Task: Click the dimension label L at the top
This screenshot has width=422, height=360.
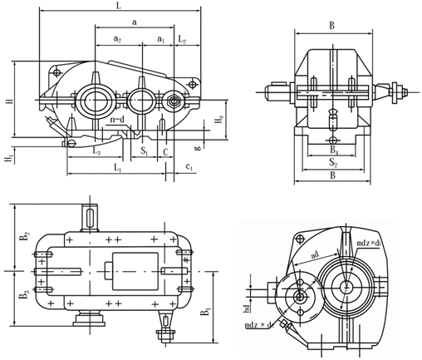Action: tap(119, 6)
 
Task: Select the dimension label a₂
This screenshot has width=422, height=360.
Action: tap(118, 39)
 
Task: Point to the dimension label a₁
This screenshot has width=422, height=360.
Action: tap(161, 39)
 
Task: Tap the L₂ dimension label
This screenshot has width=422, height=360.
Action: tap(182, 39)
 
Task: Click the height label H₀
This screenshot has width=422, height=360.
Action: tap(218, 119)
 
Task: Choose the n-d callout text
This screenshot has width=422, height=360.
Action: tap(117, 120)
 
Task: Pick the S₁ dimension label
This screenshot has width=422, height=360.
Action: tap(144, 151)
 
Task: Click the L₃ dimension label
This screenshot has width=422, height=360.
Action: tap(96, 151)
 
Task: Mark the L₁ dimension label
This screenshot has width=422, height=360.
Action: tap(118, 168)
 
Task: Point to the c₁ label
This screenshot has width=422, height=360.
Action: tap(189, 166)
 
